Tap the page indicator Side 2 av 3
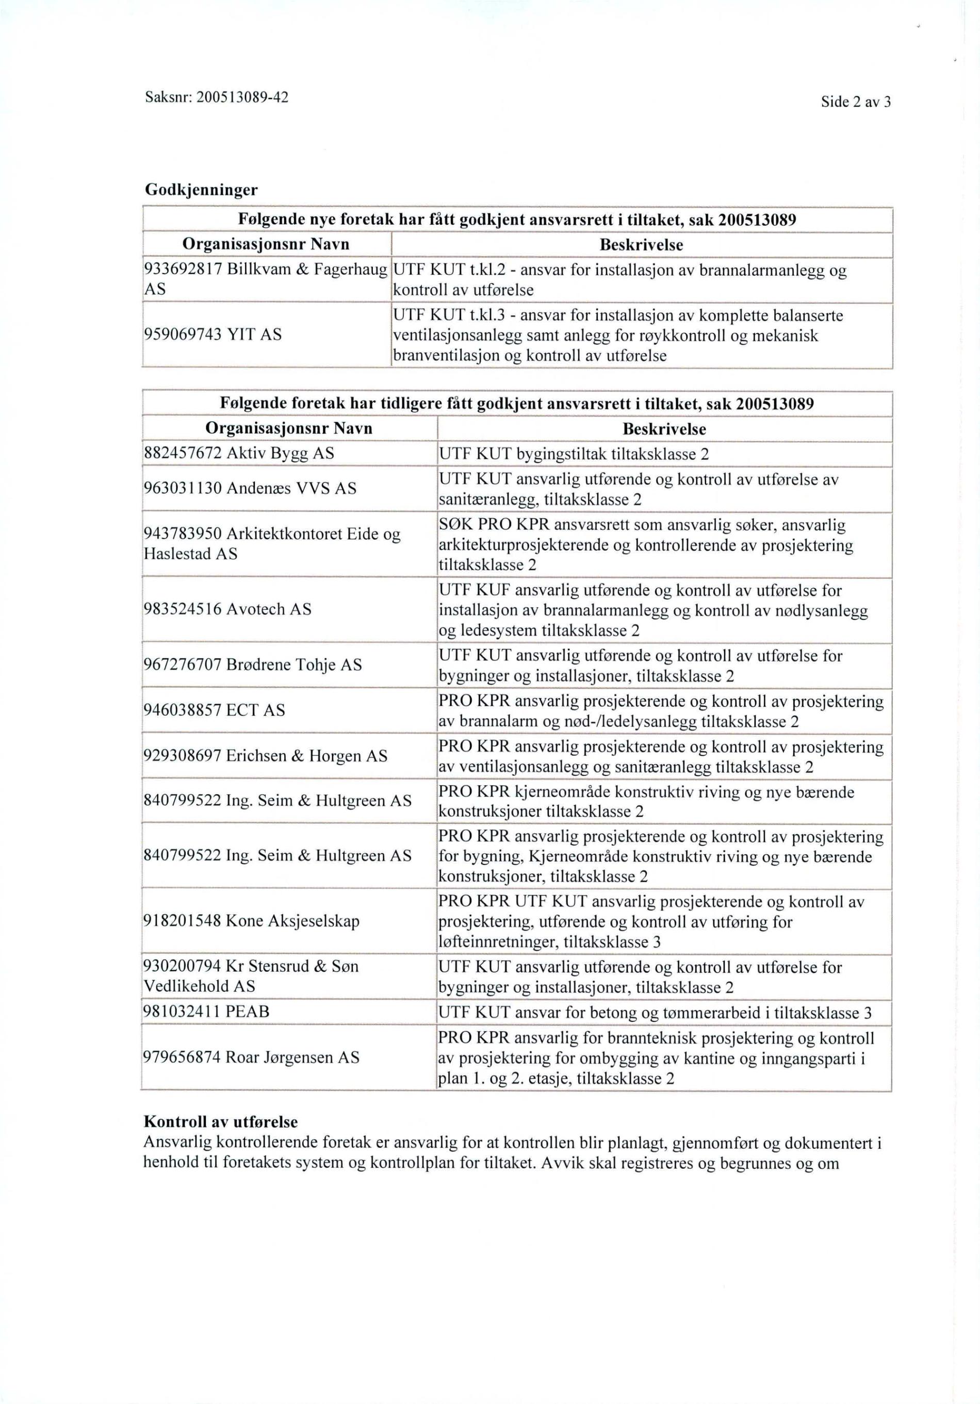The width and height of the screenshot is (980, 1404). coord(855,102)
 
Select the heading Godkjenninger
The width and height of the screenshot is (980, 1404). coord(201,190)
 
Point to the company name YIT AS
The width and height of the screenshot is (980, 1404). coord(254,335)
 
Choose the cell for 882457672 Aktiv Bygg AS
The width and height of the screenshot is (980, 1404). coord(239,453)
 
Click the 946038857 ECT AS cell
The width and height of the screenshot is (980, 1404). coord(214,710)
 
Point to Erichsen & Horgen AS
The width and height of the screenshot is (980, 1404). coord(306,756)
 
